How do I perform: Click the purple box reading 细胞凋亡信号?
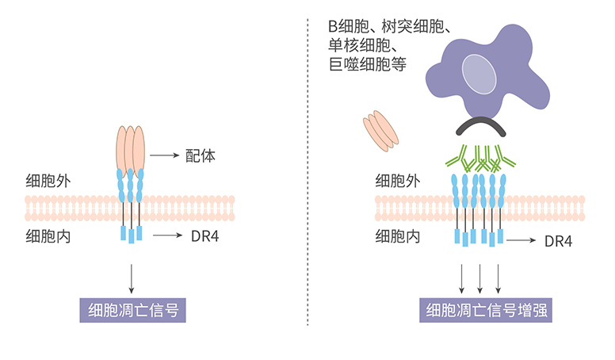point(132,310)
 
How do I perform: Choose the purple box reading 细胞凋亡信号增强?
point(486,310)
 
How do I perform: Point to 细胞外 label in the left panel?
point(48,180)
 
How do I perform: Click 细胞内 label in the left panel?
point(48,236)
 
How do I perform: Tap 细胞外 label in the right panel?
point(397,180)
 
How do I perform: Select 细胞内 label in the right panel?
point(397,236)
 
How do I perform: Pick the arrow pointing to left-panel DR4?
point(169,236)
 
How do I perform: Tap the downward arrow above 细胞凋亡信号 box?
point(131,277)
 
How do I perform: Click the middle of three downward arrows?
point(480,277)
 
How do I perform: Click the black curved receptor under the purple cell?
point(479,127)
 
